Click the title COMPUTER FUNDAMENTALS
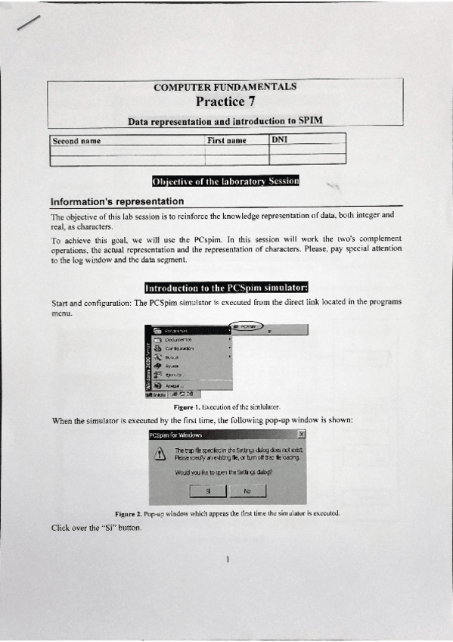pos(225,86)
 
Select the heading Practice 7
pos(225,101)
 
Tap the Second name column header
pos(76,140)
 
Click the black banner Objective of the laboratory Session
pos(225,181)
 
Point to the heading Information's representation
pos(116,201)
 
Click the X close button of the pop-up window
pos(301,435)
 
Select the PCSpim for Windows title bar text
pos(176,435)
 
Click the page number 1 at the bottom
pos(227,559)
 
